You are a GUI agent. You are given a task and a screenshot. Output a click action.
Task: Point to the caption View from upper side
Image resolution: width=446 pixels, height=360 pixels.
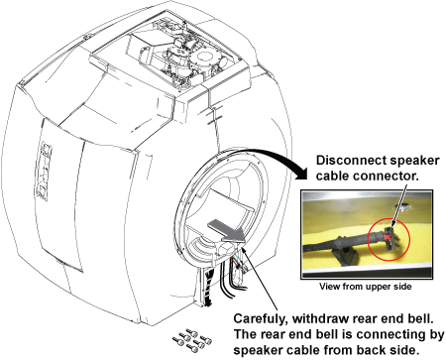tap(366, 287)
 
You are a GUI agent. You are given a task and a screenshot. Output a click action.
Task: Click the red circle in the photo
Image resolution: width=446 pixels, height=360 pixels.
tap(390, 239)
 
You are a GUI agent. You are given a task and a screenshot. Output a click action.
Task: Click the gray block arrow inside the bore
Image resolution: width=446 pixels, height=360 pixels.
tap(226, 230)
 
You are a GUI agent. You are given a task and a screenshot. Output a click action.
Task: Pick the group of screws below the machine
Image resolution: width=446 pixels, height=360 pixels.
tap(192, 340)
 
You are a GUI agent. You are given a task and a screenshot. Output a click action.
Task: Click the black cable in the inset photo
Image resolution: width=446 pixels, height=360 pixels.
tap(344, 243)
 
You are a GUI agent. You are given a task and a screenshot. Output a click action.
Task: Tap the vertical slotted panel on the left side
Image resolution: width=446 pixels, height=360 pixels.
tap(44, 172)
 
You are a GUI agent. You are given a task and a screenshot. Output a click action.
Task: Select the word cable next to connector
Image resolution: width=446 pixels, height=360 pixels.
tap(332, 176)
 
